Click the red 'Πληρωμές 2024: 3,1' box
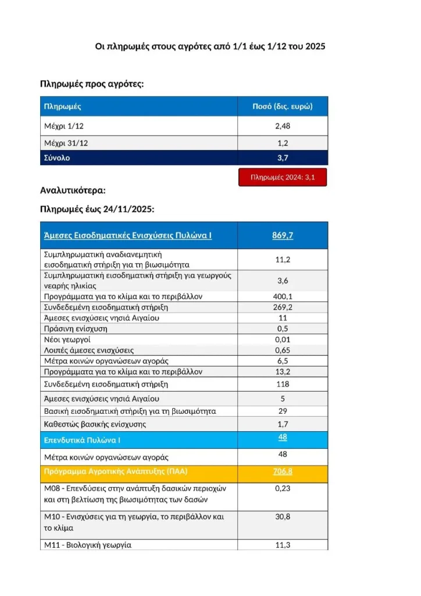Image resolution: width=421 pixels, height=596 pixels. [x=283, y=178]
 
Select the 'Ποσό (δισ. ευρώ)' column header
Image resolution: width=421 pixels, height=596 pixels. [x=282, y=107]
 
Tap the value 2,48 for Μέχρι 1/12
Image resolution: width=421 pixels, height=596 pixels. [x=283, y=126]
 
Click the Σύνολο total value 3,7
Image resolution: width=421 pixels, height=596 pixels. [x=283, y=158]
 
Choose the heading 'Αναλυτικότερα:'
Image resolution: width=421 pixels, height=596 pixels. [x=73, y=190]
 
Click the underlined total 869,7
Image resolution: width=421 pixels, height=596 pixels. [x=283, y=235]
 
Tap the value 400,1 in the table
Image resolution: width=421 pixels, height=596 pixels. [x=283, y=296]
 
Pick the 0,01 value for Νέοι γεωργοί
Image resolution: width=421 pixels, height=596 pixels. [x=283, y=339]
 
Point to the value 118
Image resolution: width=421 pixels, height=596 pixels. [x=283, y=384]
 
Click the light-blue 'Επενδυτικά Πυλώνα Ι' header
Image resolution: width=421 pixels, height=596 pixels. [x=83, y=440]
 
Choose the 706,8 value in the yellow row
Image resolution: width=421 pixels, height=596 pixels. [x=283, y=471]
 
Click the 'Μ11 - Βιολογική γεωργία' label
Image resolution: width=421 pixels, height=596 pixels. [x=88, y=545]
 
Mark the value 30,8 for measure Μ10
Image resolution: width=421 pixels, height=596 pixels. [x=283, y=517]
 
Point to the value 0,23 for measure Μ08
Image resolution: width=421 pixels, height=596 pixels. [x=283, y=489]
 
